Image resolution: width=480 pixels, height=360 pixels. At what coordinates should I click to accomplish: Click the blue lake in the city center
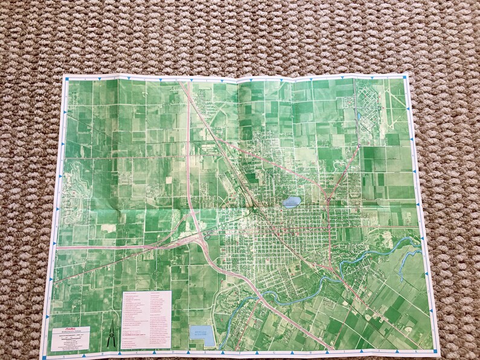[x=291, y=201]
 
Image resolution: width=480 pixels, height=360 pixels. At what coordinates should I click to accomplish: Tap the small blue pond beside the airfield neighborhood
[x=359, y=115]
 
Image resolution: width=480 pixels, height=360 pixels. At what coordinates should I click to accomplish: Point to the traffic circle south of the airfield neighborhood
[x=358, y=145]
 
